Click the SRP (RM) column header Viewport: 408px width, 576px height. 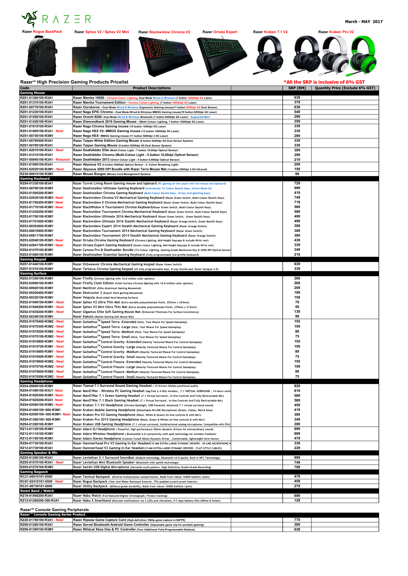click(x=297, y=88)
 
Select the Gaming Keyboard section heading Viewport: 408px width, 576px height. click(x=35, y=179)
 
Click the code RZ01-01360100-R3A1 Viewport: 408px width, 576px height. click(x=36, y=98)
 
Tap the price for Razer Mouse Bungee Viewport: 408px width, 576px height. click(x=297, y=174)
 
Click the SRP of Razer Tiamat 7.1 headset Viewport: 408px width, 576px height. click(x=297, y=386)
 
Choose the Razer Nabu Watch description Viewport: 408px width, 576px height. click(x=120, y=496)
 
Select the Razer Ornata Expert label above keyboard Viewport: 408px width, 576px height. click(x=220, y=32)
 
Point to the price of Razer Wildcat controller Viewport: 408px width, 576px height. click(x=297, y=529)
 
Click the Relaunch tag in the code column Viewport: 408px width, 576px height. click(x=63, y=160)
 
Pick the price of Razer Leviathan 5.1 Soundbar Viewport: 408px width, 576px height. click(x=297, y=458)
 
